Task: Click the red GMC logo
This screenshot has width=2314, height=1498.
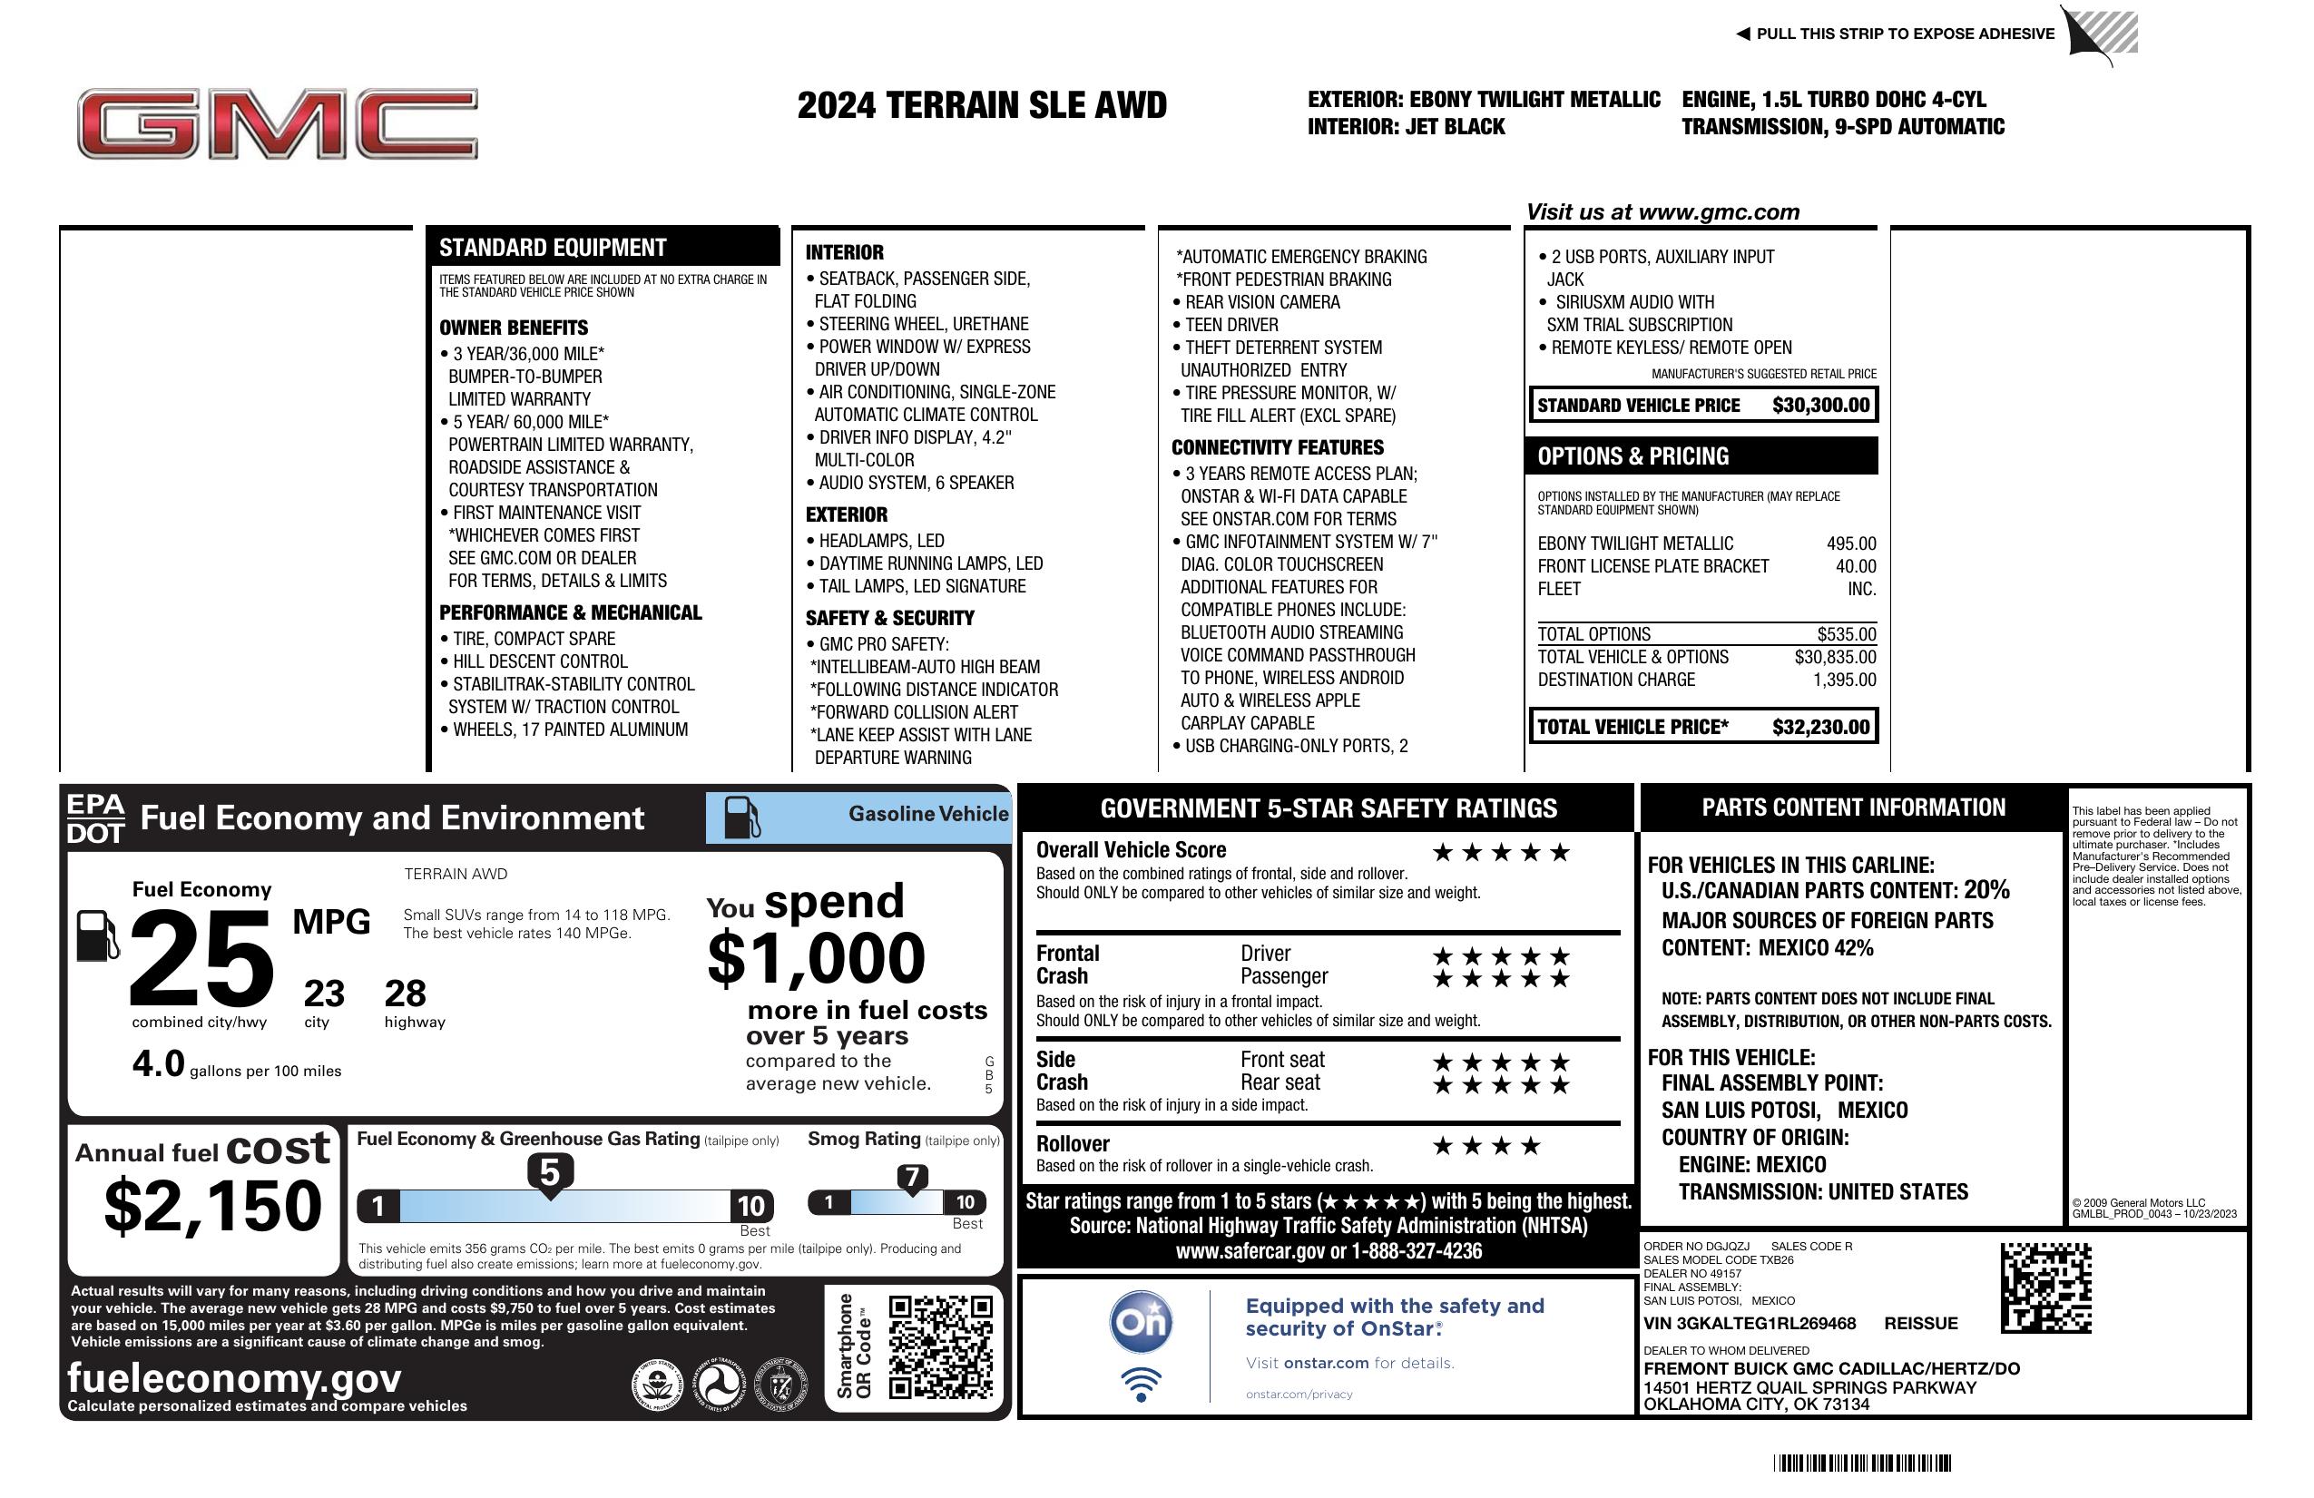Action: point(277,123)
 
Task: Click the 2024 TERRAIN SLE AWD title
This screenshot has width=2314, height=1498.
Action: point(981,105)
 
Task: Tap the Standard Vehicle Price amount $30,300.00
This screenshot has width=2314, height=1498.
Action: point(1820,406)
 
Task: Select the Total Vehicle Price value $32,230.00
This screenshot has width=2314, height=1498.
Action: point(1820,727)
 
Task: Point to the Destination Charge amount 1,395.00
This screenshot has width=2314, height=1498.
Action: point(1843,680)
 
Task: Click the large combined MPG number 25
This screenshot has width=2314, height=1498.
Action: point(201,958)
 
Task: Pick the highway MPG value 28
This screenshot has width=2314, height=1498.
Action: point(405,994)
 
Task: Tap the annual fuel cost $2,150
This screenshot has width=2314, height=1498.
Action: point(212,1206)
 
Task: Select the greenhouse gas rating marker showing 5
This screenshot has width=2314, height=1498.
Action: point(549,1173)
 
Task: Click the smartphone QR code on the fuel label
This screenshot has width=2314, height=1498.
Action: point(940,1346)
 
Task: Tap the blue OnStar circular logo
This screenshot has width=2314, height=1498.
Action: point(1141,1322)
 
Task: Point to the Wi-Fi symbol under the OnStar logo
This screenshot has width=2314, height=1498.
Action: point(1141,1384)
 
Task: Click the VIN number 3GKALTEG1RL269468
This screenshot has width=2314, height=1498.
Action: point(1750,1323)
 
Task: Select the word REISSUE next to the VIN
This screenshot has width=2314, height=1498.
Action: point(1921,1323)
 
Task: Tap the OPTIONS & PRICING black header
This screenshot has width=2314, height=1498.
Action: point(1701,455)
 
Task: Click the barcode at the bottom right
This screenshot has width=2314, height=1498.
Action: point(1862,1463)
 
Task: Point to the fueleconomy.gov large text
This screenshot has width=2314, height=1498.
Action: point(234,1377)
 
